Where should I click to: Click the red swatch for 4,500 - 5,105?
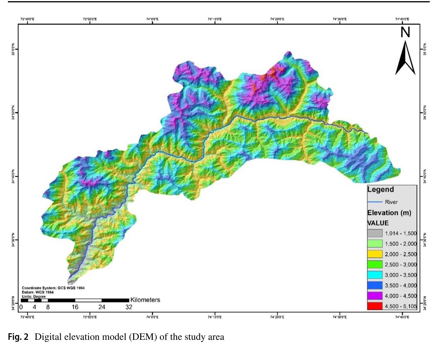[375, 306]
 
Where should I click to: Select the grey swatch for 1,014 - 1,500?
[375, 233]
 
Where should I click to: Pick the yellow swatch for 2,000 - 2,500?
[375, 254]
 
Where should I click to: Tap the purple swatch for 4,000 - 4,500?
[375, 296]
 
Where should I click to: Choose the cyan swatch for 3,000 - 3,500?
[375, 275]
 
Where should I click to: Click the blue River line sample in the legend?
[375, 202]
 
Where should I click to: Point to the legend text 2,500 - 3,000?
[400, 265]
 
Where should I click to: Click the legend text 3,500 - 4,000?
[400, 285]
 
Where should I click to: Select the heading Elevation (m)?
[389, 213]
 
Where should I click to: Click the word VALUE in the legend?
[378, 223]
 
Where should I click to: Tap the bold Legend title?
[381, 189]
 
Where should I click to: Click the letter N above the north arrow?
[405, 32]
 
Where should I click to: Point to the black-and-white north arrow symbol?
[405, 59]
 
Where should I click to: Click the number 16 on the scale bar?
[75, 307]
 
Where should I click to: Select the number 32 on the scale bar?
[129, 307]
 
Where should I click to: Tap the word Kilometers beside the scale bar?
[145, 300]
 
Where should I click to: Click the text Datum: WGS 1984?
[38, 292]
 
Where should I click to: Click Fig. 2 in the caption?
[18, 337]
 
